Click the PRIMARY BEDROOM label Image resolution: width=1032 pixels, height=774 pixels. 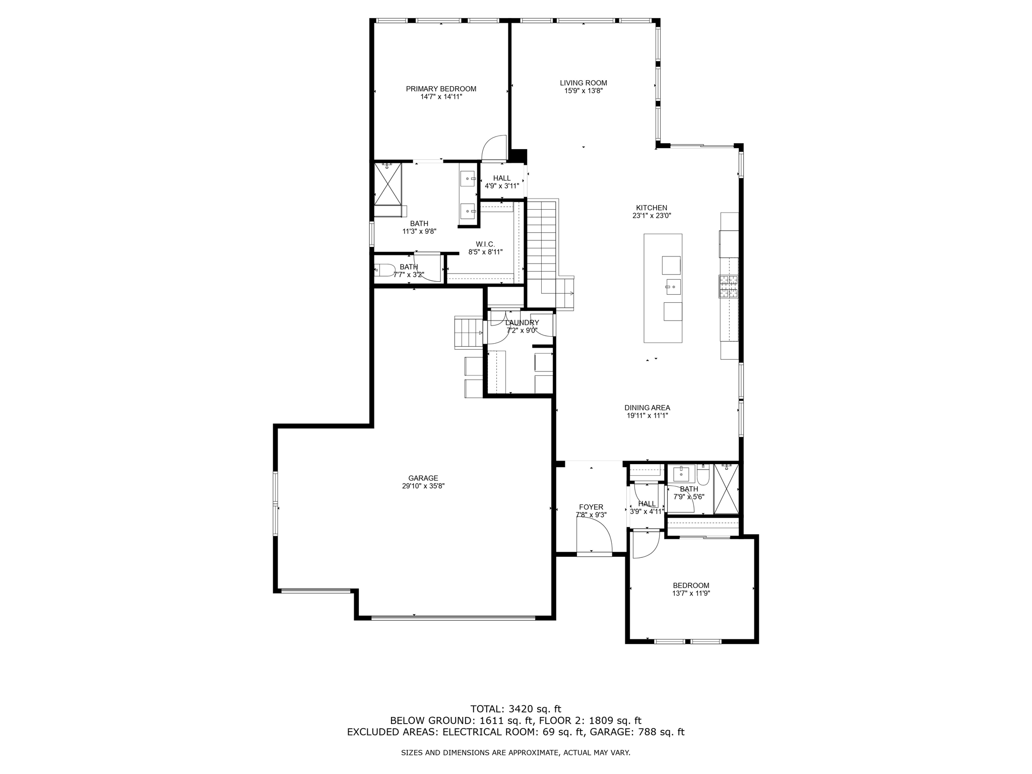point(441,89)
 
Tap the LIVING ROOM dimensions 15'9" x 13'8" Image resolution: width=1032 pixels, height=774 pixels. point(583,91)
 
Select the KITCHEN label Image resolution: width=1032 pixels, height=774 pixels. point(651,208)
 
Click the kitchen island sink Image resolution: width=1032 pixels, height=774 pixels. point(673,287)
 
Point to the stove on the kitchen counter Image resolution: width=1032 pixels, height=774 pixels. point(728,286)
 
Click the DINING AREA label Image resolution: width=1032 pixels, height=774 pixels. point(647,408)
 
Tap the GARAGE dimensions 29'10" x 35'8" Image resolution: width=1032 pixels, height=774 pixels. point(423,486)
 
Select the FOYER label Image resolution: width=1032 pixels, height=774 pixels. point(591,507)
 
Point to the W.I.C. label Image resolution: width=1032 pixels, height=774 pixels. point(485,244)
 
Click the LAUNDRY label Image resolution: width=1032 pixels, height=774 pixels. point(522,322)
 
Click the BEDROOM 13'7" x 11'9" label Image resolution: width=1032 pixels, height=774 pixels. point(691,585)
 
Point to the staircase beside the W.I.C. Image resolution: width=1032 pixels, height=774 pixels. point(541,242)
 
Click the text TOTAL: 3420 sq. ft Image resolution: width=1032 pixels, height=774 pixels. point(515,709)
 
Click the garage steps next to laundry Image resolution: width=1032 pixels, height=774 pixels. point(468,332)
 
